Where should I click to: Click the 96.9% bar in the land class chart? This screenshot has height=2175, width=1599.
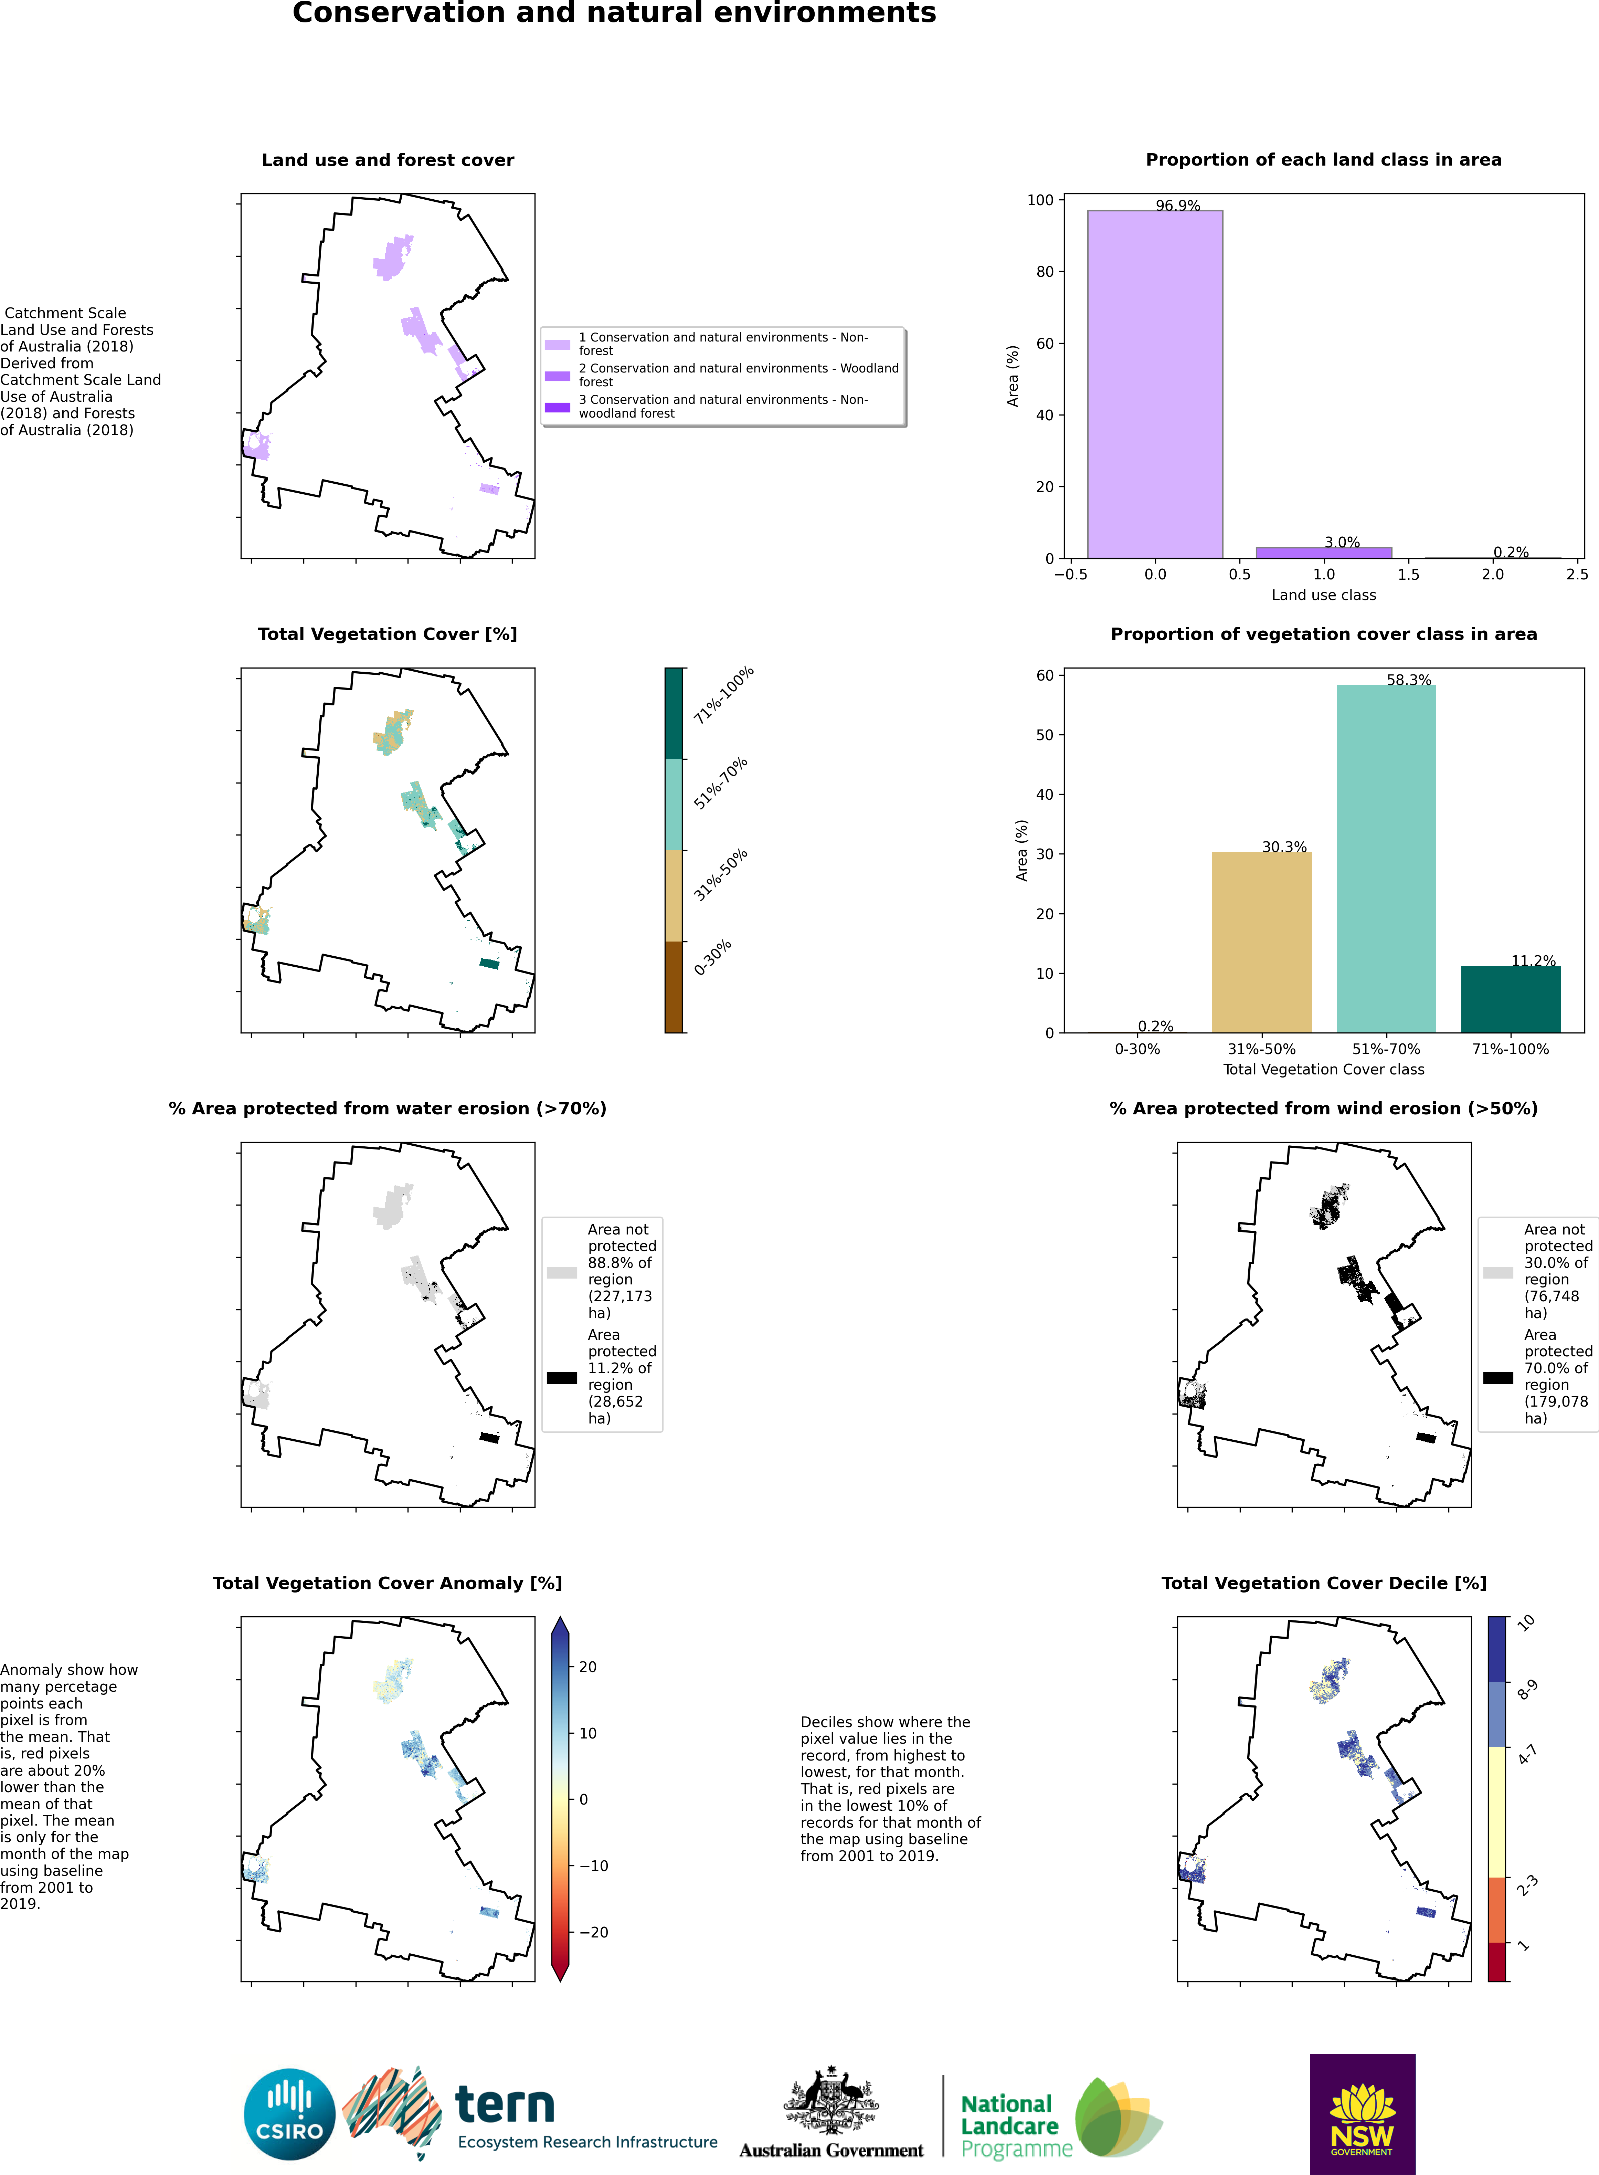tap(1155, 384)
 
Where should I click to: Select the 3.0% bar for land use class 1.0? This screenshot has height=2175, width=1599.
tap(1323, 553)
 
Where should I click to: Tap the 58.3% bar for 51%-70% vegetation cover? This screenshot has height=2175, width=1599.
tap(1386, 859)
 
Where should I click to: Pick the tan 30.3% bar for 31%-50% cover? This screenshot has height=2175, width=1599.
tap(1261, 942)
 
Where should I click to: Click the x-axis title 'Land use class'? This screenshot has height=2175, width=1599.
tap(1323, 595)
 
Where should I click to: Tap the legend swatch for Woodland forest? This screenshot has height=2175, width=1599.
tap(558, 376)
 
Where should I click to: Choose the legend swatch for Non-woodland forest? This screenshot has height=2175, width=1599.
tap(558, 407)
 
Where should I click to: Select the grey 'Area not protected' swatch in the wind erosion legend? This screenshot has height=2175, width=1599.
tap(1499, 1273)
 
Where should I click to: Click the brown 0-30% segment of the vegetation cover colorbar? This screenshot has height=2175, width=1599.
tap(674, 987)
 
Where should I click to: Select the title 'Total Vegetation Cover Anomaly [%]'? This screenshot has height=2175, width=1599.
tap(387, 1583)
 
